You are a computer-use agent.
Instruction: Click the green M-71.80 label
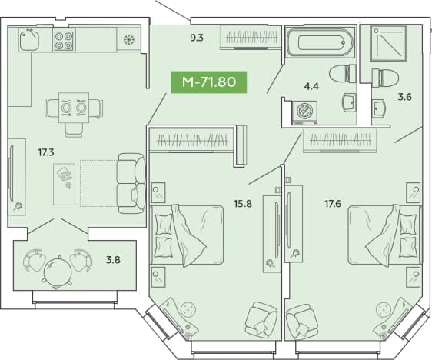point(209,82)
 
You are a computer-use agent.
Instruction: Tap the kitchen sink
point(28,40)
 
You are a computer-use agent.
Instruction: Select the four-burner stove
point(64,41)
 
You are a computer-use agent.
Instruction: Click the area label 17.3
point(46,152)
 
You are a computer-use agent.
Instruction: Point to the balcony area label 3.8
point(113,260)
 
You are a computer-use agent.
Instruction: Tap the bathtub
point(320,42)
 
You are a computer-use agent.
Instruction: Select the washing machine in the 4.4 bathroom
point(304,112)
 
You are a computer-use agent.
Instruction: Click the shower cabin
point(389,43)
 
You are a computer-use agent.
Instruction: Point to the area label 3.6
point(405,97)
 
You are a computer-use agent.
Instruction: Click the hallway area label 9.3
point(197,38)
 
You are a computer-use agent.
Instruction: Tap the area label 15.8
point(243,204)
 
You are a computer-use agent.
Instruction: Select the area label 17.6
point(333,204)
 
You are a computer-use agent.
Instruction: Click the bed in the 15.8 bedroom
point(187,235)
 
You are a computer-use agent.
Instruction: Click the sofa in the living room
point(131,183)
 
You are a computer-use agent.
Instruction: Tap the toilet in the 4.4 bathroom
point(343,74)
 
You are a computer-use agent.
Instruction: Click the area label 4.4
point(311,87)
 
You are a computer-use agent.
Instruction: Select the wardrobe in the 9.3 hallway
point(251,37)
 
